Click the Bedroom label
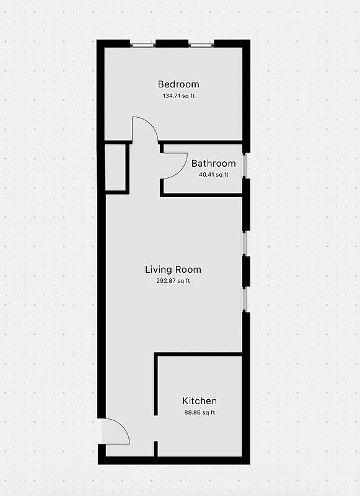(x=178, y=84)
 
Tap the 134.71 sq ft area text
(x=178, y=96)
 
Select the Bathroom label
(x=213, y=164)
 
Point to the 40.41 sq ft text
(x=213, y=175)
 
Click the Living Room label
(x=173, y=270)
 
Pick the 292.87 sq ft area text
(x=173, y=281)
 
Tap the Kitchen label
(x=200, y=401)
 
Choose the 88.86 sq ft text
(x=200, y=412)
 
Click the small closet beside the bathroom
(x=116, y=167)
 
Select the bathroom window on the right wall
(x=245, y=166)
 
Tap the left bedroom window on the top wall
(x=143, y=43)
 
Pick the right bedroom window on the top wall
(x=201, y=43)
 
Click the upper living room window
(x=245, y=243)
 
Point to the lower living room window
(x=245, y=298)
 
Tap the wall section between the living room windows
(x=246, y=271)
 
